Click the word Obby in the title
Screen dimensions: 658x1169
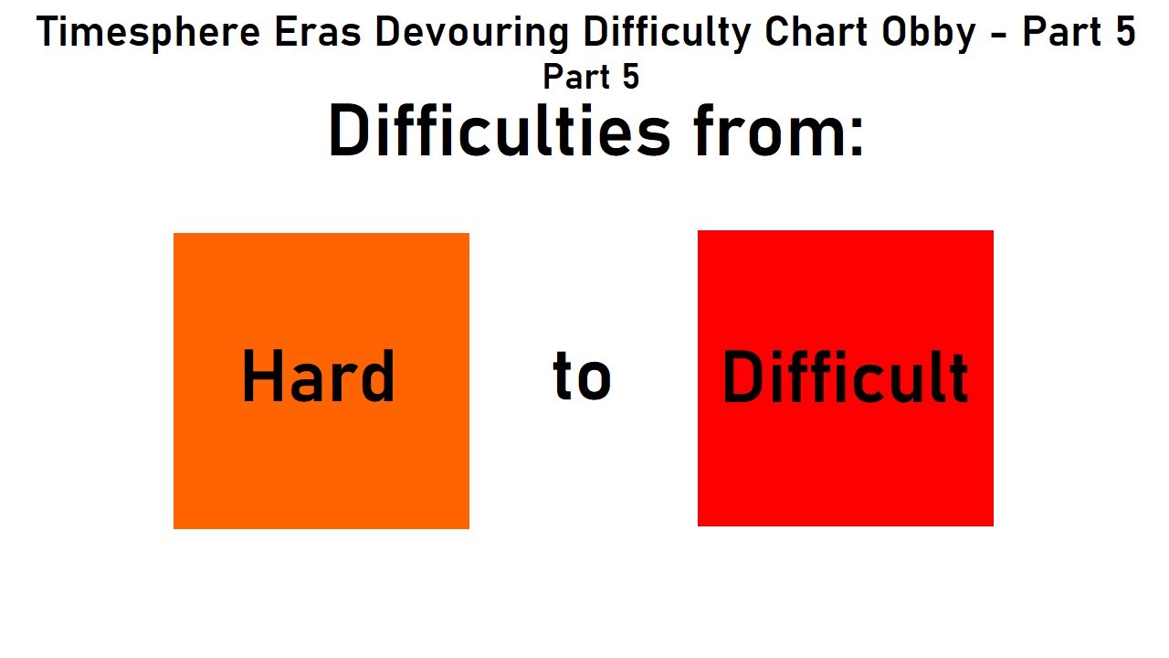click(930, 34)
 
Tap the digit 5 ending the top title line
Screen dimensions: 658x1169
click(1124, 34)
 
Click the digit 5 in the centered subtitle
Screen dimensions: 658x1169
click(630, 77)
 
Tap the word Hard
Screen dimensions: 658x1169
click(318, 377)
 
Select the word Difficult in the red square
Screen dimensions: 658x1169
click(845, 377)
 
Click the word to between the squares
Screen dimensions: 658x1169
click(582, 377)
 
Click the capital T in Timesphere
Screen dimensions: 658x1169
click(47, 34)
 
